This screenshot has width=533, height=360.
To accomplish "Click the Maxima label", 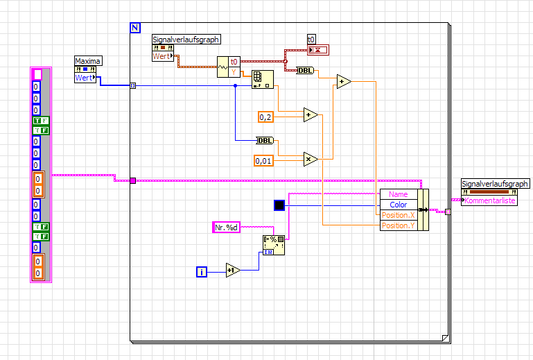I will click(x=88, y=61).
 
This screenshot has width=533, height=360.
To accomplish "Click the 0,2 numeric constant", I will click(x=266, y=117).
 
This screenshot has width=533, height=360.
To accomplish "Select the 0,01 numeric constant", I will click(x=264, y=161).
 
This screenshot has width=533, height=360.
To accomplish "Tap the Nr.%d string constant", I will click(x=226, y=227).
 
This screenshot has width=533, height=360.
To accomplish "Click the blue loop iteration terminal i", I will click(x=202, y=273).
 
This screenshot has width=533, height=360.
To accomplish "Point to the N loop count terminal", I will click(x=135, y=28).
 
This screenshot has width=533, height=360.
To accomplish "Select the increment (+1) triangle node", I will click(x=234, y=271).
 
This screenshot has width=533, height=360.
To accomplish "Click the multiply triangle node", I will click(x=310, y=158).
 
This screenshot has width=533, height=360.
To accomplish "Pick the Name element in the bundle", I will click(x=399, y=194).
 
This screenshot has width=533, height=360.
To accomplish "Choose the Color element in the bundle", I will click(x=399, y=205).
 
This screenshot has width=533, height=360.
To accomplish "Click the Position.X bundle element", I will click(x=399, y=215).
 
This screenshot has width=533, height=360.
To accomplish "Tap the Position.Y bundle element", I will click(x=399, y=225).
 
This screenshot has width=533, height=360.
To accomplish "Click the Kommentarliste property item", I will click(x=491, y=200).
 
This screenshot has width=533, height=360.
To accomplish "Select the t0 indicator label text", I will click(x=312, y=39).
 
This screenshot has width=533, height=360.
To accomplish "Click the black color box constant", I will click(x=279, y=205).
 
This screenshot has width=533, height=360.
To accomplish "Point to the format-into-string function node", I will click(x=273, y=245).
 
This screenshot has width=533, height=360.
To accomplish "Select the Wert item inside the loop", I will click(x=161, y=56).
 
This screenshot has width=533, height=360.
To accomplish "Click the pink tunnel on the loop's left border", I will click(x=132, y=181).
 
